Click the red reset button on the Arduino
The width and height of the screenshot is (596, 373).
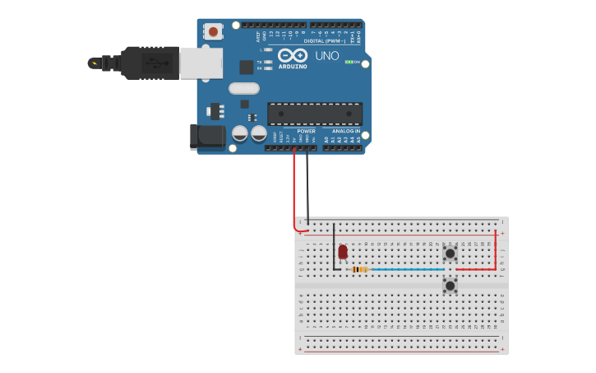[214, 32]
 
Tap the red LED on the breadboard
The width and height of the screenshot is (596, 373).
[343, 251]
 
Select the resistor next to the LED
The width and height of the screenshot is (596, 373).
[359, 269]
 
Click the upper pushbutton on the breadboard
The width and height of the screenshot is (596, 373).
[450, 253]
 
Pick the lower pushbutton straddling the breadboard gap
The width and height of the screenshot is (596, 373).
[450, 286]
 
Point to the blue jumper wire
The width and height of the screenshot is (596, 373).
[407, 269]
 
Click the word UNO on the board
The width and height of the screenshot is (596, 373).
[326, 56]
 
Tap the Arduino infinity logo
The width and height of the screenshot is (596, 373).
[292, 55]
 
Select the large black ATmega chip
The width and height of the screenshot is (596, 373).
[315, 114]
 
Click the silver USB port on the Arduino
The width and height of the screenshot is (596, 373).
[201, 63]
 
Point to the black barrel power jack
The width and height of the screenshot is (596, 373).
[208, 137]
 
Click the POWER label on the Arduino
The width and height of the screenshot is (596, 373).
[306, 131]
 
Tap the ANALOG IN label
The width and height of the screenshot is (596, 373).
[346, 131]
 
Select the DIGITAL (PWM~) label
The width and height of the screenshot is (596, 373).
[325, 40]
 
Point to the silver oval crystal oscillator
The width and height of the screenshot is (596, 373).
[244, 88]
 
